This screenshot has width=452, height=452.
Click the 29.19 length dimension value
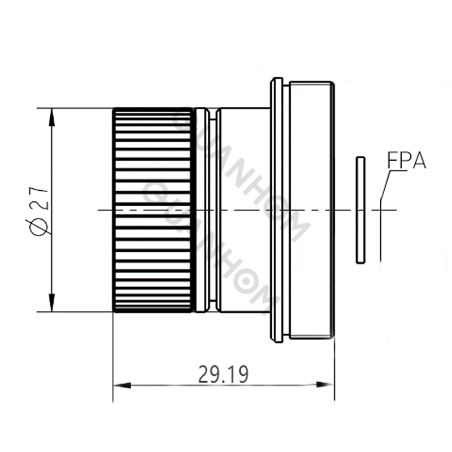223,374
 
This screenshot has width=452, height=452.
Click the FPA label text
406,161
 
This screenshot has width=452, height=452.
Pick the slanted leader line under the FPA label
385,184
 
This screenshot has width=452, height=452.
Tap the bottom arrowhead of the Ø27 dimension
51,304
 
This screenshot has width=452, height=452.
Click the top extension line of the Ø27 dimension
73,107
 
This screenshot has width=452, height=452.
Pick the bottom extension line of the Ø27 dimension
73,311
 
